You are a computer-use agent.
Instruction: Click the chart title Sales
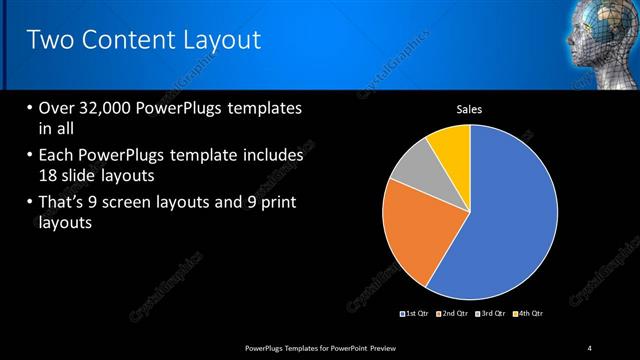coord(470,109)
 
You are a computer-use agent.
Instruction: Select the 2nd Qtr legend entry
coord(455,314)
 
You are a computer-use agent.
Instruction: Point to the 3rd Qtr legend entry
coord(492,314)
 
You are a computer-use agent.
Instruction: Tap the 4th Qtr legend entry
coord(530,314)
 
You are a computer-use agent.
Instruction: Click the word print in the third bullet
coord(274,203)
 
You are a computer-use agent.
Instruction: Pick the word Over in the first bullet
coord(56,108)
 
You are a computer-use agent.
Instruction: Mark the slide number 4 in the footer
coord(590,347)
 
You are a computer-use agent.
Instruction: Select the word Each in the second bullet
coord(56,157)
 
